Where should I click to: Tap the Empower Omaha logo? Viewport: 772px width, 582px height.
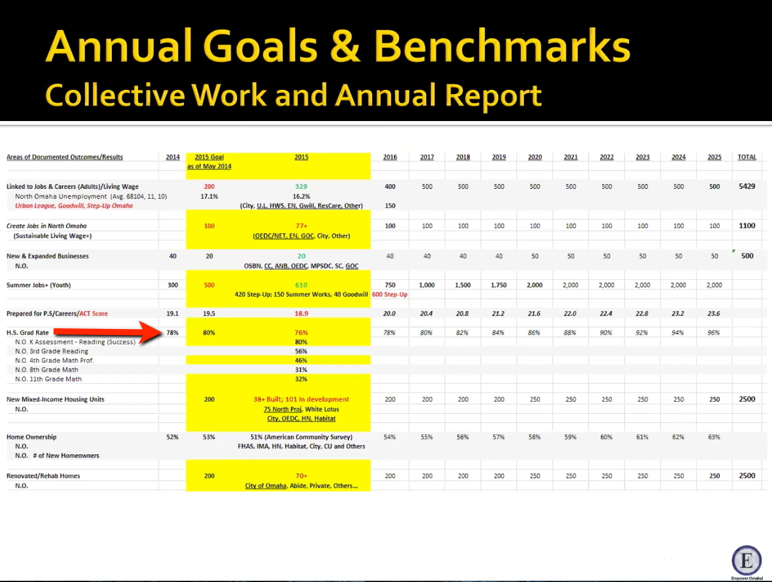pos(747,561)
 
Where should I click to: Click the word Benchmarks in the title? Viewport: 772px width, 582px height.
pos(502,47)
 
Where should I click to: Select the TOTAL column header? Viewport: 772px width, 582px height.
pos(747,157)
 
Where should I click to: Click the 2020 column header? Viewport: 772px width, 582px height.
pos(535,157)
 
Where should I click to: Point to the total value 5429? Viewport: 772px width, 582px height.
pos(747,186)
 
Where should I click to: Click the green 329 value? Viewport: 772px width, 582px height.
pos(301,186)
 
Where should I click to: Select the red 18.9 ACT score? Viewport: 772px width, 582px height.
pos(301,314)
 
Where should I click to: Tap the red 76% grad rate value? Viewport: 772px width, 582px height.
pos(301,333)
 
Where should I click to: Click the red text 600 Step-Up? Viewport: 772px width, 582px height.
pos(390,294)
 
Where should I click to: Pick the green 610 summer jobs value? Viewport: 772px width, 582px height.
pos(301,285)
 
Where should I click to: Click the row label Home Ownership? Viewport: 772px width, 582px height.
pos(31,437)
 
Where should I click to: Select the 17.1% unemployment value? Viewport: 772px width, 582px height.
pos(209,196)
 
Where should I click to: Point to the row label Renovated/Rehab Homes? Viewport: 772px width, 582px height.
pos(43,476)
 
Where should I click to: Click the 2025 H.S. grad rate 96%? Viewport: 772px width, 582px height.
pos(713,333)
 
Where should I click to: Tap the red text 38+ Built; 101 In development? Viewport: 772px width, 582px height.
pos(301,399)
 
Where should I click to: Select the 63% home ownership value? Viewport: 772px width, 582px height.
pos(714,437)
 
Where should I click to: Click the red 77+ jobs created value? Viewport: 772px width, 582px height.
pos(301,226)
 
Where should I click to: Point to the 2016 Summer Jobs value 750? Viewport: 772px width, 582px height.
pos(390,285)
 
